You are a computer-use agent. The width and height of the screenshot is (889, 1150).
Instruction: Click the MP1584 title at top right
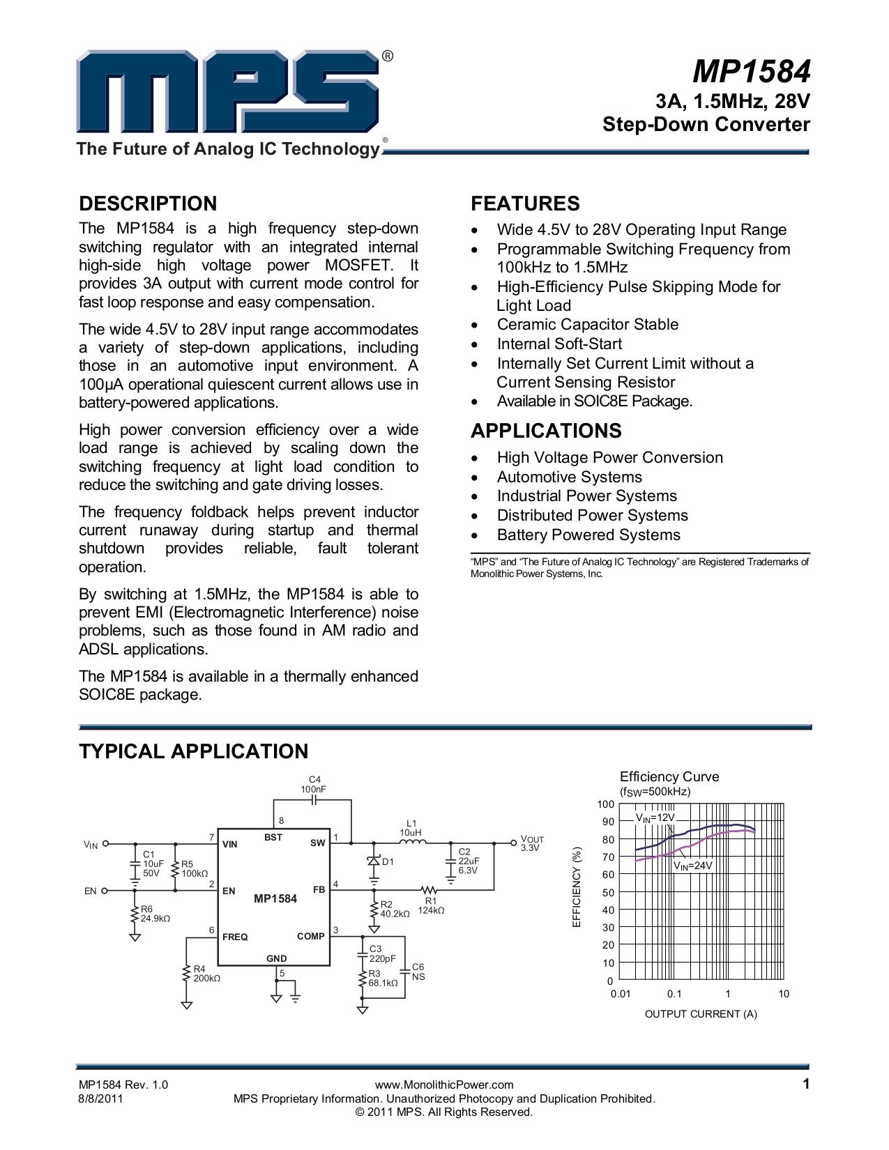[751, 72]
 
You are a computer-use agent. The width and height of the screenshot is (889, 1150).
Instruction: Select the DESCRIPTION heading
[148, 204]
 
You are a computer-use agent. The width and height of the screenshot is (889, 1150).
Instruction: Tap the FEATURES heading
[525, 204]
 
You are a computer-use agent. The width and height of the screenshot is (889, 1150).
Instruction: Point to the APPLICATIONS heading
[546, 431]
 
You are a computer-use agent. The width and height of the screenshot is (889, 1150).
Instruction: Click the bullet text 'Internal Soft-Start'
[559, 344]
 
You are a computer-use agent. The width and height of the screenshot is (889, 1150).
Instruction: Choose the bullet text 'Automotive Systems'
[569, 477]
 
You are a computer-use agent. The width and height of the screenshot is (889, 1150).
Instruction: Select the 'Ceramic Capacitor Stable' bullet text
[587, 324]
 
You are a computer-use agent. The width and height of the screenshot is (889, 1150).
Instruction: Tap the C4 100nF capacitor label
[314, 784]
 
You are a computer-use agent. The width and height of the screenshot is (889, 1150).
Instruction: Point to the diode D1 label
[388, 861]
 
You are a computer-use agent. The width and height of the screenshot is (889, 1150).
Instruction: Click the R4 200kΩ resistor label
[206, 974]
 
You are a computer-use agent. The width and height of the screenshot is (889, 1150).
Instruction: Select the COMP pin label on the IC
[310, 936]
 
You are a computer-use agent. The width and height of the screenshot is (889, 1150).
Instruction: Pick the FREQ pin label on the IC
[235, 937]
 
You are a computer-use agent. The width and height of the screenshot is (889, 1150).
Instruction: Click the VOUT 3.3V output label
[531, 843]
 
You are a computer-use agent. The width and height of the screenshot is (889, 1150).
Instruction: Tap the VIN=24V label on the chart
[692, 865]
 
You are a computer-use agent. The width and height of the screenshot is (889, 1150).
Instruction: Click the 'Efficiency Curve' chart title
[669, 776]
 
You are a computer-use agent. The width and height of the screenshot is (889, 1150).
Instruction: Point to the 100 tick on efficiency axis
[605, 804]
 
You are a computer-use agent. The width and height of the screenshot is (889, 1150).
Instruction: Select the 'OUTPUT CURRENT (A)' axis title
[700, 1013]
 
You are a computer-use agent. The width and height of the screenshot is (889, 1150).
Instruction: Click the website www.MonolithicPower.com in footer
[443, 1084]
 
